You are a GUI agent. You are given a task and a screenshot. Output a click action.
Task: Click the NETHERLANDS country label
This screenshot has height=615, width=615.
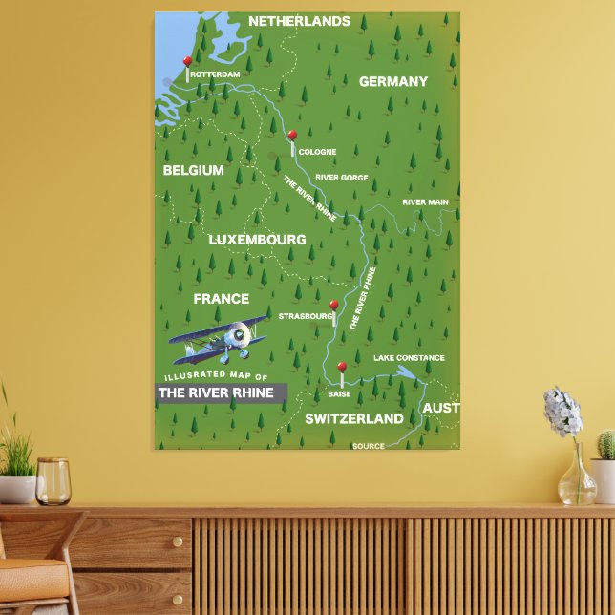(x=299, y=21)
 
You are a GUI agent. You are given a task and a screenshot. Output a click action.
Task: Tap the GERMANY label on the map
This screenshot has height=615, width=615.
(x=392, y=82)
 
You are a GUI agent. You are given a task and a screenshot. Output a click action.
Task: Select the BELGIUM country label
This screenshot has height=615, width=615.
(x=193, y=171)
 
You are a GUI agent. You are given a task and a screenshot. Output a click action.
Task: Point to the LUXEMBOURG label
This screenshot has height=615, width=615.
(x=257, y=240)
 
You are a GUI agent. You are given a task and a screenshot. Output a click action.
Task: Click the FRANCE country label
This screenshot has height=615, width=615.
(x=221, y=299)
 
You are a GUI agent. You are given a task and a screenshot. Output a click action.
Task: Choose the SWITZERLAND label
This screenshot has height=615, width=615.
(x=353, y=419)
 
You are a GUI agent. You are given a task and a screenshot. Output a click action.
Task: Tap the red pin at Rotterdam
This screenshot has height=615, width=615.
(x=187, y=62)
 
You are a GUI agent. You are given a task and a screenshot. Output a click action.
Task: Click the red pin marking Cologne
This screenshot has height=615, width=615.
(x=292, y=136)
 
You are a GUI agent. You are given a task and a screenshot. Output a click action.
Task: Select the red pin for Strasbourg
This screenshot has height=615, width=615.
(x=333, y=306)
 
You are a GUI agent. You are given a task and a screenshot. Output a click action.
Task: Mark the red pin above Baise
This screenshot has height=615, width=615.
(x=341, y=367)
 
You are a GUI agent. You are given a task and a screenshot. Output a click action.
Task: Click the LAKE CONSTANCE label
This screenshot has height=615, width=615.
(x=409, y=358)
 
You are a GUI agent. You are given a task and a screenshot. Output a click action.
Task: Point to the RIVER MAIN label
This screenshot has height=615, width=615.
(x=425, y=202)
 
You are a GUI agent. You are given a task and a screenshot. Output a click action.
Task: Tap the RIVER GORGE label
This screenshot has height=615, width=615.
(x=341, y=178)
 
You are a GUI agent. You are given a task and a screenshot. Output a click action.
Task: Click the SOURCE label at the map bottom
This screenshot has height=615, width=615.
(x=369, y=446)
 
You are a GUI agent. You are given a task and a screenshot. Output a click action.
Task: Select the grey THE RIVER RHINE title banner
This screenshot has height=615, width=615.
(x=219, y=392)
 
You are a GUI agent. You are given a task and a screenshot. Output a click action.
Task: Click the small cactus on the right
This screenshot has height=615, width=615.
(x=605, y=445)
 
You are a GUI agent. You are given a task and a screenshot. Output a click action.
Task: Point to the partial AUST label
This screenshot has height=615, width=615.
(x=440, y=409)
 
